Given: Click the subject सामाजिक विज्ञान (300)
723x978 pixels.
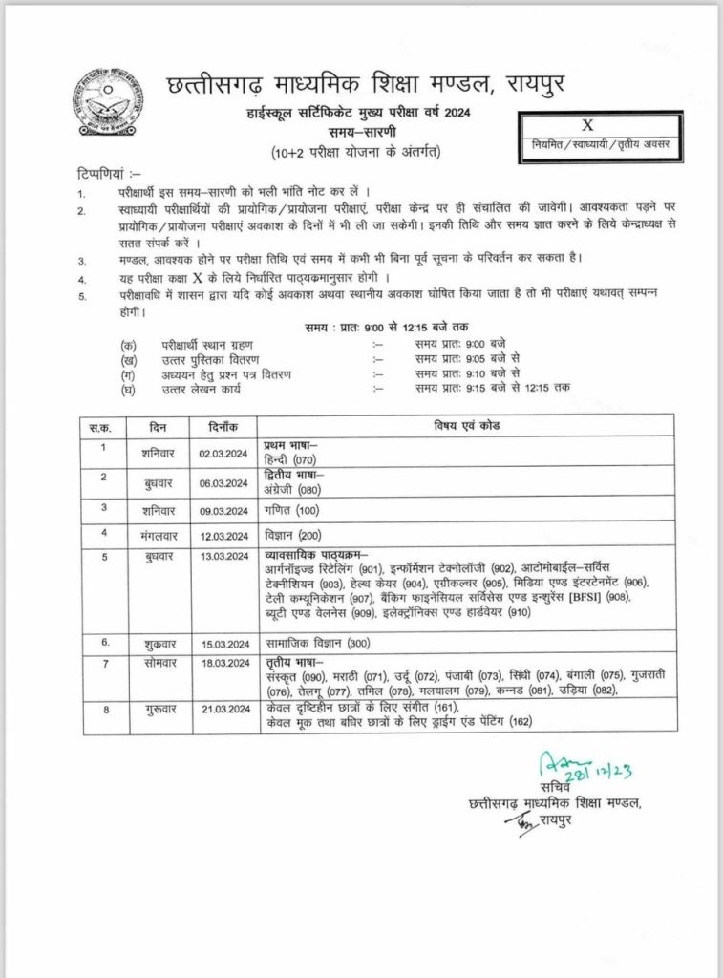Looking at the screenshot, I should tap(316, 645).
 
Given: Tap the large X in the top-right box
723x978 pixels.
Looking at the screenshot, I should tap(587, 125).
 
